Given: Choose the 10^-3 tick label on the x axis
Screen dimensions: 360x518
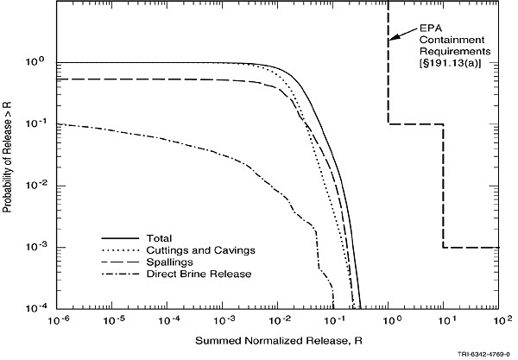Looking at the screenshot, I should coord(225,320).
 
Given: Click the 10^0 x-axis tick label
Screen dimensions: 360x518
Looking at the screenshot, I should coord(392,320).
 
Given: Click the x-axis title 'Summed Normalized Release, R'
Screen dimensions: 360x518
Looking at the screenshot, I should coord(282,338).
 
